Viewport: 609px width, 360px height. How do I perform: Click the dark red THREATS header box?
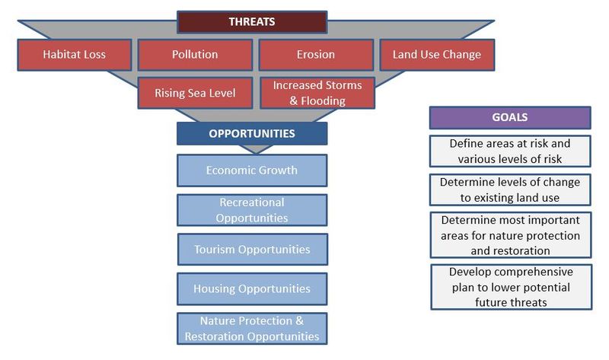pos(252,22)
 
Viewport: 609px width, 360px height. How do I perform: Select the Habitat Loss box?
pos(75,54)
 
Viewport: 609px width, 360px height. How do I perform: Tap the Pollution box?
pos(195,54)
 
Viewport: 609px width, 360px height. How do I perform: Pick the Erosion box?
pos(316,54)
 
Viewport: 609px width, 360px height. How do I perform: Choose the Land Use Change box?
pos(437,54)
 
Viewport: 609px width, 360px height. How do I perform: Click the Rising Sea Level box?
pos(195,93)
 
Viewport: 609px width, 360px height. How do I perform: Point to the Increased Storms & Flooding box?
pos(317,93)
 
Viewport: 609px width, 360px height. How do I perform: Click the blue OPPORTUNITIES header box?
pos(252,134)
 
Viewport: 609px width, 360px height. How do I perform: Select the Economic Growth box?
pos(252,170)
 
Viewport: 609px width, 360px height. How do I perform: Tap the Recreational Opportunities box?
pos(252,210)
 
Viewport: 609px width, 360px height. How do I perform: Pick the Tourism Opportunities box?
pos(253,250)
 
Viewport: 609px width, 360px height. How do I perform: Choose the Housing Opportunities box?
pos(252,289)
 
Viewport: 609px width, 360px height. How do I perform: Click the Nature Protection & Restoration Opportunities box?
pos(252,329)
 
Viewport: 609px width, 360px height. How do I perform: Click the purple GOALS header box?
pos(510,117)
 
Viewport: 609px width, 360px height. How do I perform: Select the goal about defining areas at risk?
pos(510,151)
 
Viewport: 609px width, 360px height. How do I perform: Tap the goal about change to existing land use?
pos(510,190)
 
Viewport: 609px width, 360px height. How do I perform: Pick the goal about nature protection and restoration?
pos(511,235)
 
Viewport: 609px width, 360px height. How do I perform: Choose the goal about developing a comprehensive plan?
pos(511,287)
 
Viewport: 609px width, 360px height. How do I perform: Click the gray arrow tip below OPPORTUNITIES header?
pos(256,153)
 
